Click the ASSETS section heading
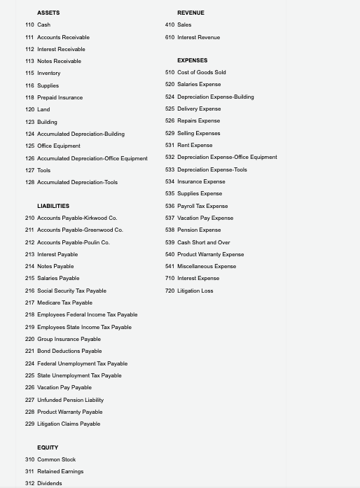pos(48,13)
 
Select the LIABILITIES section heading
pos(53,206)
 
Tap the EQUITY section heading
pos(48,447)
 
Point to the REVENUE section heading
pos(191,13)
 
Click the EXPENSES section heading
pos(192,60)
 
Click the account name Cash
pos(43,25)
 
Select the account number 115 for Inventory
pos(29,73)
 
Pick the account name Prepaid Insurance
pos(60,97)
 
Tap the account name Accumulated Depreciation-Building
pos(81,134)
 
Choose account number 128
pos(29,182)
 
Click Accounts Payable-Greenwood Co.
pos(80,230)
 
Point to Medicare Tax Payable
pos(64,302)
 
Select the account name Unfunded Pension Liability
pos(70,400)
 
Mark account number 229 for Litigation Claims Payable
pos(29,424)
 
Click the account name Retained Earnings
pos(60,471)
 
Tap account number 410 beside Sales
pos(169,25)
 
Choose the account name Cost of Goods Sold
pos(202,72)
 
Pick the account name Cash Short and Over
pos(204,242)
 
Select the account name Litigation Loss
pos(195,291)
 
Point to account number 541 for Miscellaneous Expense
pos(169,266)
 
